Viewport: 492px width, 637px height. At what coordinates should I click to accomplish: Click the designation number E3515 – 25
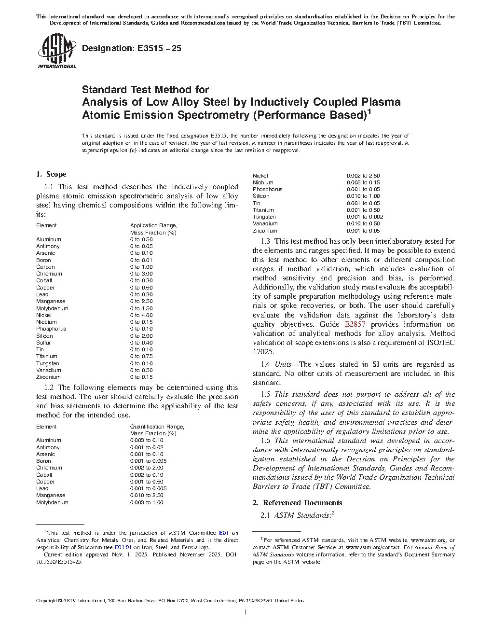pyautogui.click(x=132, y=48)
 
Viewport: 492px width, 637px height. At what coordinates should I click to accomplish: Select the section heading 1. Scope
pyautogui.click(x=51, y=174)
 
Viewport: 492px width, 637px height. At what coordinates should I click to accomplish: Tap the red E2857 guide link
pyautogui.click(x=355, y=324)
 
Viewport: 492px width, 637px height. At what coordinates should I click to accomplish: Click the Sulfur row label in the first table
pyautogui.click(x=43, y=343)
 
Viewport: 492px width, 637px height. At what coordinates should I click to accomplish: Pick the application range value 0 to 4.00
pyautogui.click(x=141, y=315)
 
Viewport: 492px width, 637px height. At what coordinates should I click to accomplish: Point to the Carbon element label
pyautogui.click(x=45, y=267)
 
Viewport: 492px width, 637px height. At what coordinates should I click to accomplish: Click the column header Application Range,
pyautogui.click(x=153, y=225)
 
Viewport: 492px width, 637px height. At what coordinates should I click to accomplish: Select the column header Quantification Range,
pyautogui.click(x=157, y=427)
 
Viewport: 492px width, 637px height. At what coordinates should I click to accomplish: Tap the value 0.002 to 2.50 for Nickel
pyautogui.click(x=363, y=176)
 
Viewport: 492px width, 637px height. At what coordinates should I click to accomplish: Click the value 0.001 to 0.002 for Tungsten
pyautogui.click(x=365, y=217)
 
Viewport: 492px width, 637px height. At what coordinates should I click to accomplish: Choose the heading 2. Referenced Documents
pyautogui.click(x=298, y=503)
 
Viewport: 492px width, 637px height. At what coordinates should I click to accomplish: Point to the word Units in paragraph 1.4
pyautogui.click(x=284, y=364)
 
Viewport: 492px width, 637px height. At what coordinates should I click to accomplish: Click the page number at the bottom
pyautogui.click(x=246, y=613)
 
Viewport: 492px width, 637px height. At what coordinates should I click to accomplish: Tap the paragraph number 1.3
pyautogui.click(x=265, y=241)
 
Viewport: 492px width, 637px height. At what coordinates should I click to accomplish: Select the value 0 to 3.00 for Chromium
pyautogui.click(x=141, y=274)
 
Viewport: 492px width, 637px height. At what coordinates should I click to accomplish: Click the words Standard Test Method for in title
pyautogui.click(x=145, y=89)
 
